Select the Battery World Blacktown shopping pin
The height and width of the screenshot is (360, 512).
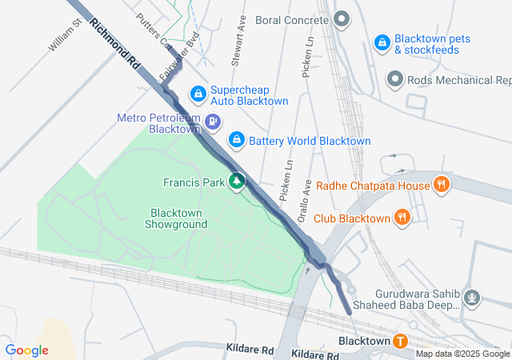click(237, 140)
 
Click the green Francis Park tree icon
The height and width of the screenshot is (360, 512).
click(237, 182)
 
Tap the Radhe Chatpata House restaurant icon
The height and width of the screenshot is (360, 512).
click(441, 186)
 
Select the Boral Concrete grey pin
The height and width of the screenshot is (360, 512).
click(342, 18)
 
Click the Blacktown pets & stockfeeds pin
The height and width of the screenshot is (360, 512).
click(382, 40)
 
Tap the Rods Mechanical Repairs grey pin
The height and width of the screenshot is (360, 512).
click(395, 79)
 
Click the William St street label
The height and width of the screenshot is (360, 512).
click(66, 37)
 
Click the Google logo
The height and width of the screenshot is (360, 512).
click(27, 350)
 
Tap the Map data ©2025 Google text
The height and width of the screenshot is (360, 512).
click(462, 354)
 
